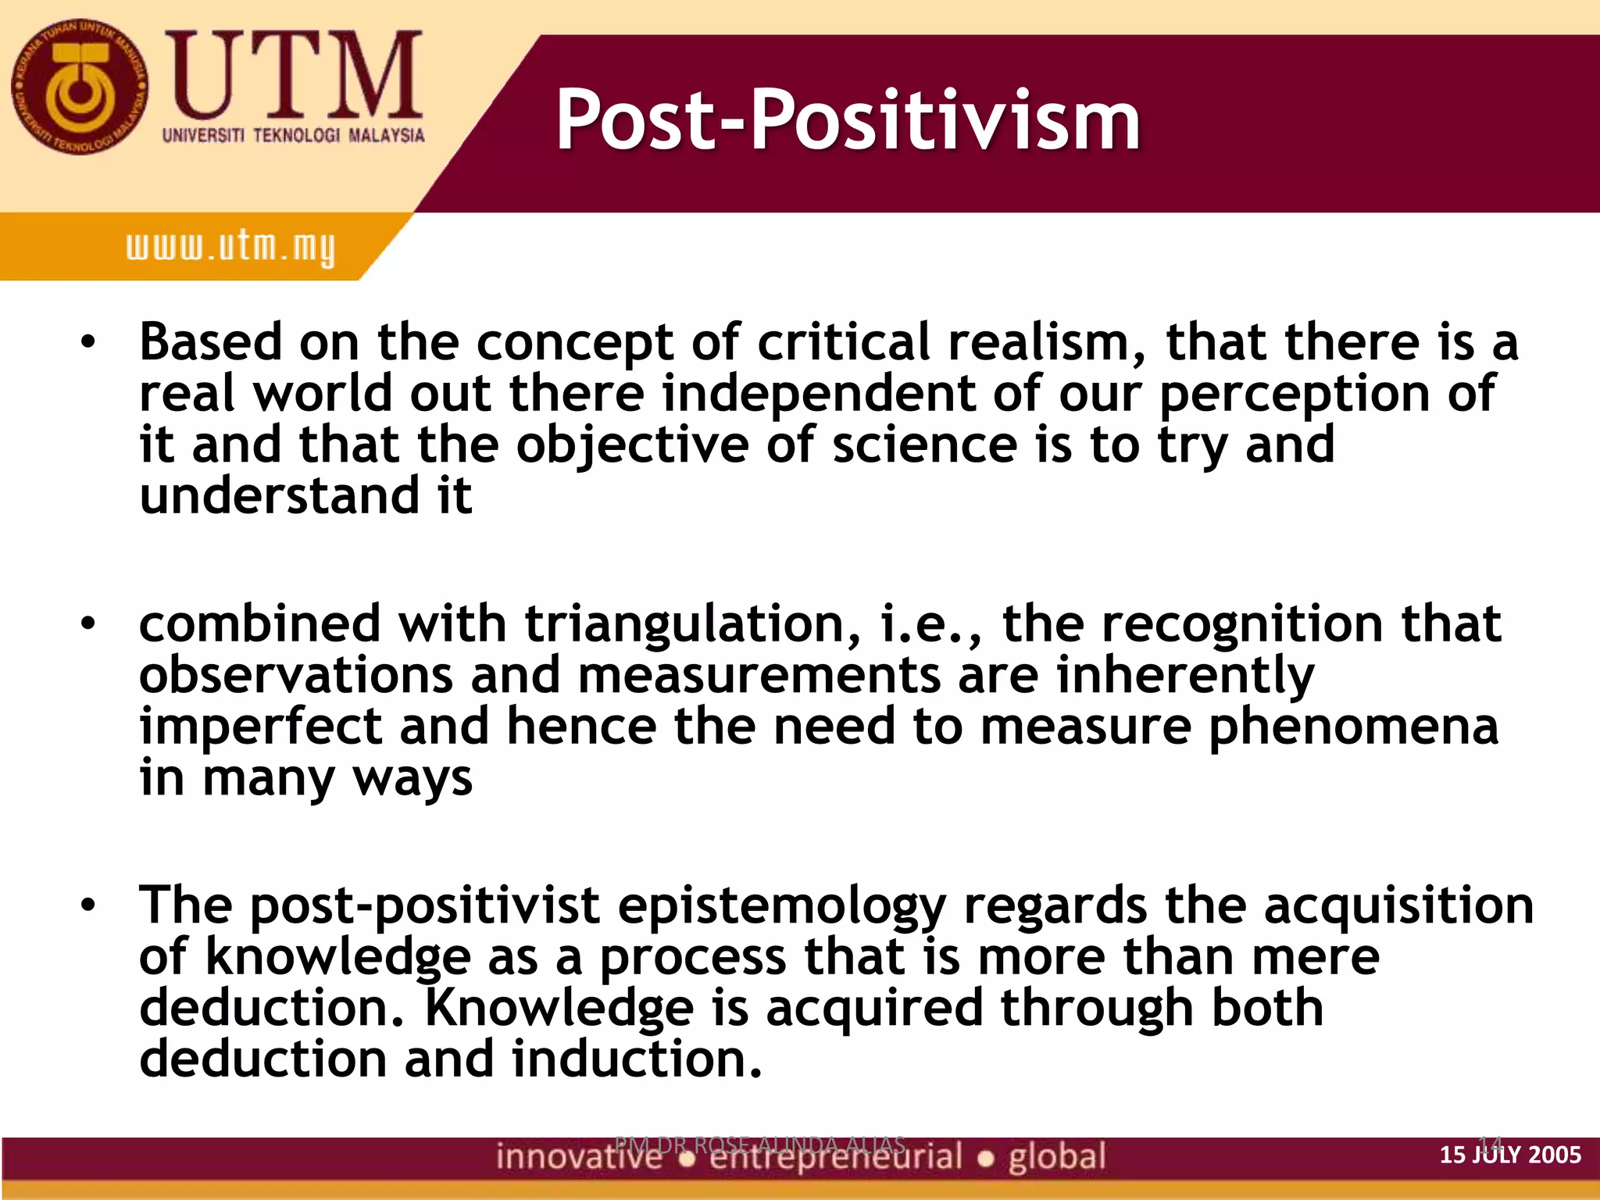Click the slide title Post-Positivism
(x=848, y=121)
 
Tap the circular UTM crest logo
(x=79, y=87)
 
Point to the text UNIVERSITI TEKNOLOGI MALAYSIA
(x=293, y=135)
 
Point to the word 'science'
(x=925, y=445)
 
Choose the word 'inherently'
(x=1185, y=675)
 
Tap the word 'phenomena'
(x=1353, y=727)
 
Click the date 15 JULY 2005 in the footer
(x=1510, y=1155)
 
